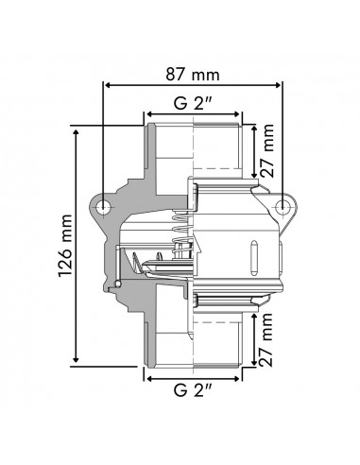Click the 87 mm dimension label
click(194, 72)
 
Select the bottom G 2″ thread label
click(194, 388)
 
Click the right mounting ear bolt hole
click(282, 207)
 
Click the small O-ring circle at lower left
click(118, 283)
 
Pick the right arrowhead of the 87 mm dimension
click(281, 87)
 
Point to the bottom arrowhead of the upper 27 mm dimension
click(260, 173)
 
